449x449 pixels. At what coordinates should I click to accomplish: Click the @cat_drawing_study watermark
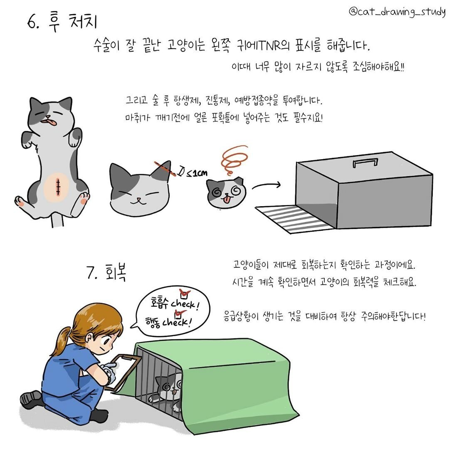tap(397, 12)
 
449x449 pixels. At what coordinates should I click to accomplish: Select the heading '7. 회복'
tap(106, 272)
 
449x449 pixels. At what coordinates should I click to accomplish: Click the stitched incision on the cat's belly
tap(58, 187)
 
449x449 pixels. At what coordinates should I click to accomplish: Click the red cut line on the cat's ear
tap(165, 169)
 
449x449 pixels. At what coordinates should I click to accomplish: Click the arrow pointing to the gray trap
tap(266, 185)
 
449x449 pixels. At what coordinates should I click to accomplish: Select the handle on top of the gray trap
tap(365, 163)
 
